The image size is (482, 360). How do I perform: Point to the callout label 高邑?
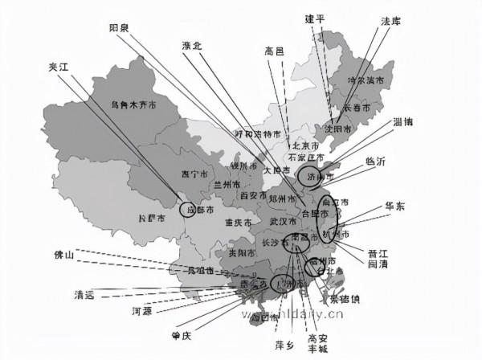[274, 51]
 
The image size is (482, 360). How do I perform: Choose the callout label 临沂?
[376, 160]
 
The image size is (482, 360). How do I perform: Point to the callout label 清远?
[84, 294]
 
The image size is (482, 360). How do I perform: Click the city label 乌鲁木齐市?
[132, 104]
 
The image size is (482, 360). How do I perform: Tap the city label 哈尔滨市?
[366, 80]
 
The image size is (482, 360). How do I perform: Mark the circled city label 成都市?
[199, 211]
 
